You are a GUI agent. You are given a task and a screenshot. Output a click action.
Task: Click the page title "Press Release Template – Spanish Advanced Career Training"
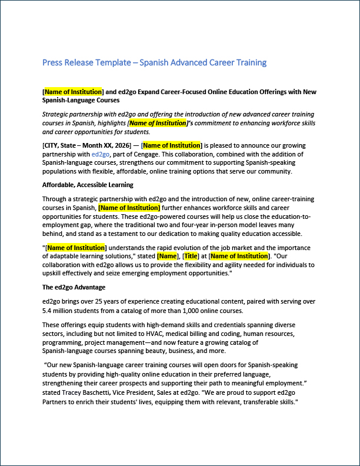[155, 62]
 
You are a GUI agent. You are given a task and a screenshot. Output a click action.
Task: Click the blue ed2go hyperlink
[100, 154]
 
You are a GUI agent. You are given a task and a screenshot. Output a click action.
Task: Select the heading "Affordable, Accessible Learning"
[88, 185]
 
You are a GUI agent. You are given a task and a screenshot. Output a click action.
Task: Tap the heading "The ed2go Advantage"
[74, 287]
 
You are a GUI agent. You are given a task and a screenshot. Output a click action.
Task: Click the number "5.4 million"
[59, 311]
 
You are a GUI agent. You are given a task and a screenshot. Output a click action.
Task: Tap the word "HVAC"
[174, 333]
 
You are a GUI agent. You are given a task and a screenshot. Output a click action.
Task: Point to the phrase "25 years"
[102, 302]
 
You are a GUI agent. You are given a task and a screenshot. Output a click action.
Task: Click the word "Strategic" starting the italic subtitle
[56, 114]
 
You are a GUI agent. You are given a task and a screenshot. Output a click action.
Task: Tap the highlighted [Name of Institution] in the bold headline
[74, 92]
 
